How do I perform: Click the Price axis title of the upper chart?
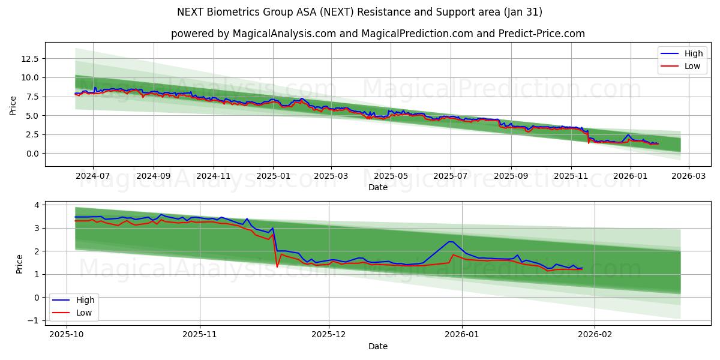pos(13,104)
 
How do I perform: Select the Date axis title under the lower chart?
pos(377,346)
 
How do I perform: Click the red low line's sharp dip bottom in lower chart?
pos(277,266)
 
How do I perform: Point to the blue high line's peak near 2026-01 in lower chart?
pos(449,242)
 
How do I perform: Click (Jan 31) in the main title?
pos(523,12)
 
